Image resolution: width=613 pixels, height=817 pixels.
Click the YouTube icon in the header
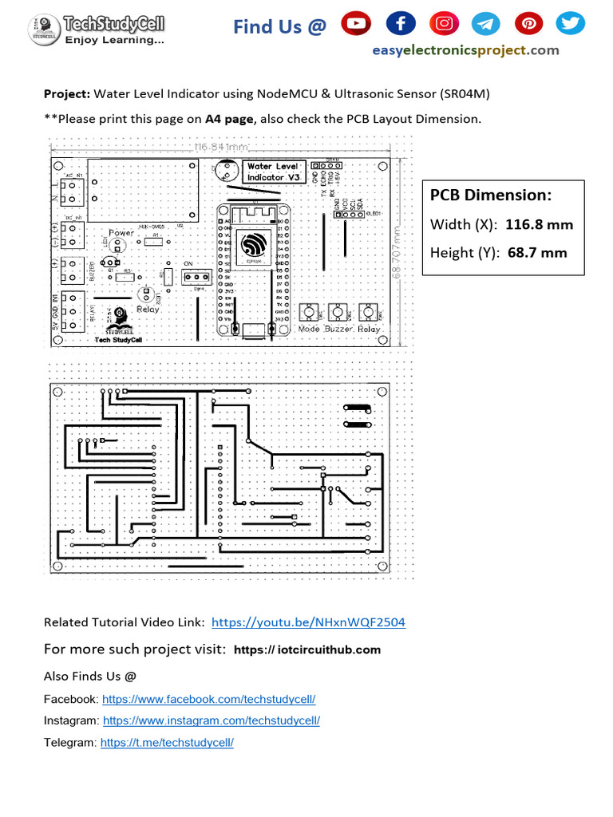(x=356, y=25)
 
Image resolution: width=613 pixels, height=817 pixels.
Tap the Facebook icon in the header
(x=400, y=25)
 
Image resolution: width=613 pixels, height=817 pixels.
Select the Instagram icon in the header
(x=442, y=25)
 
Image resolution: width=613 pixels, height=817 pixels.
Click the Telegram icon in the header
(x=485, y=25)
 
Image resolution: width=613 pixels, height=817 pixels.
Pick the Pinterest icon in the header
(x=528, y=25)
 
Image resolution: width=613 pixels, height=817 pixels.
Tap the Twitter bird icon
(x=570, y=25)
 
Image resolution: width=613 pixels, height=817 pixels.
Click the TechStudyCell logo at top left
(x=97, y=28)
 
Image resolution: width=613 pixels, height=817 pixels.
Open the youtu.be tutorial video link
(x=308, y=622)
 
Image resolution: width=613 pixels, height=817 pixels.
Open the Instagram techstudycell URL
(x=212, y=720)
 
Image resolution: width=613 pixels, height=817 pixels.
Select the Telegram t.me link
(x=166, y=742)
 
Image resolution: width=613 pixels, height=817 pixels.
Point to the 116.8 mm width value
(x=539, y=224)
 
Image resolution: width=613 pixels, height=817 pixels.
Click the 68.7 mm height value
(x=537, y=253)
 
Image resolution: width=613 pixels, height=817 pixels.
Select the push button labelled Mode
(x=309, y=312)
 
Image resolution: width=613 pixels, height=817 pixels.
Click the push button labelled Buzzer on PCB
(x=338, y=312)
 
